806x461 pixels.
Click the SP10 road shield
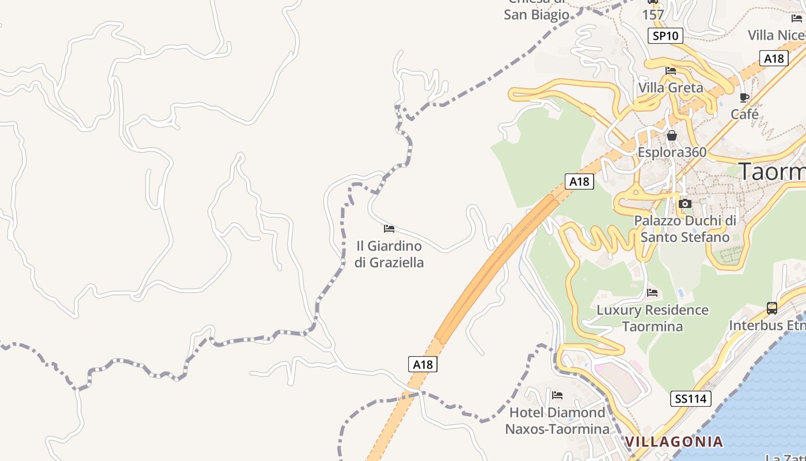[666, 36]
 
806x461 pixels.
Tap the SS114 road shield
[691, 398]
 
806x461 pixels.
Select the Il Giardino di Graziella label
[389, 254]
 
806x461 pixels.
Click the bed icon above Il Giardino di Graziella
[389, 229]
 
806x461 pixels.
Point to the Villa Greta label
[671, 88]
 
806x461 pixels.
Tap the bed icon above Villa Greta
[671, 71]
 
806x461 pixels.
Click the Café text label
[744, 114]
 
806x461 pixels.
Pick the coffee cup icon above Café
[744, 97]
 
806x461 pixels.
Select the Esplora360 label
[672, 153]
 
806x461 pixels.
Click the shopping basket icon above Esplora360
[672, 136]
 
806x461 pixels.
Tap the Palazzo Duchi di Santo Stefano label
[685, 229]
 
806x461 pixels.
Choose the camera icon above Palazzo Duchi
[685, 203]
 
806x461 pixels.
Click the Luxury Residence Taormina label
[652, 318]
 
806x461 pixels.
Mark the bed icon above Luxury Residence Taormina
[652, 293]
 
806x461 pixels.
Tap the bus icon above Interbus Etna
[772, 308]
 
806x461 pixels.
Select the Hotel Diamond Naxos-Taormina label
[557, 421]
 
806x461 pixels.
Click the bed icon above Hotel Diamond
[557, 395]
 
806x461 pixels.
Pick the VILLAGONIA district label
[674, 442]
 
